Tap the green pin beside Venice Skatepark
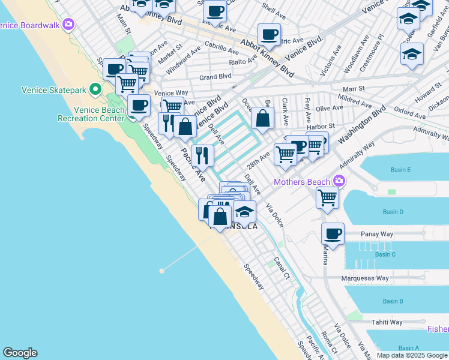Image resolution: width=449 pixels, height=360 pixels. pos(95,90)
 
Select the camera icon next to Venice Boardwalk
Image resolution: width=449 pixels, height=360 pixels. pos(69,25)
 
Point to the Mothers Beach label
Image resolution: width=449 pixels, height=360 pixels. pos(302,182)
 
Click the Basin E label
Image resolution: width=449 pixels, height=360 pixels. pos(400,170)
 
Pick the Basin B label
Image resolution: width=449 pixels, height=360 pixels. pos(393,301)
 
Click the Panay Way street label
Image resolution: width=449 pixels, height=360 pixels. pos(376,234)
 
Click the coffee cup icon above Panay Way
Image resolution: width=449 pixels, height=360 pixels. pos(333,233)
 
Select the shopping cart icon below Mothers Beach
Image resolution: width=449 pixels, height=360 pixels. pos(327,197)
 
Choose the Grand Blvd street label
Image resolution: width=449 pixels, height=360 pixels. pos(215,77)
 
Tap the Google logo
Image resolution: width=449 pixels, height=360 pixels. pos(20,353)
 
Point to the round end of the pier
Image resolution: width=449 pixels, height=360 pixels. pos(161,271)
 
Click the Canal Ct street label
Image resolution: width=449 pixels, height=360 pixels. pos(282,268)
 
